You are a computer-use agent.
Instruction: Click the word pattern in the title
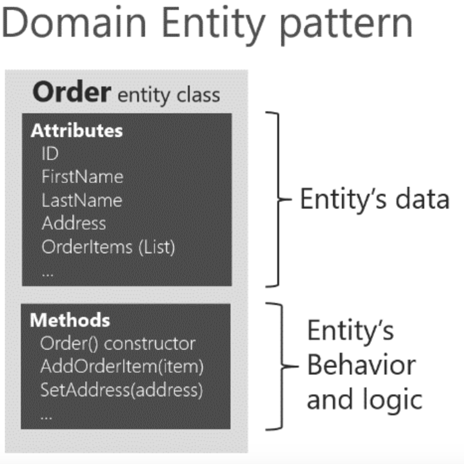click(345, 23)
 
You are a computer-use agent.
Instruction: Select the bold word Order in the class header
click(72, 92)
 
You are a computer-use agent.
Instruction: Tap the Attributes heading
click(77, 131)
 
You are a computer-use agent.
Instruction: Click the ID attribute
click(50, 154)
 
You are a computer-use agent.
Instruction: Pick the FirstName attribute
click(82, 176)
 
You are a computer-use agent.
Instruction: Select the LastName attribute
click(82, 200)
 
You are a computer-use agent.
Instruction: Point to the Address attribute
click(74, 223)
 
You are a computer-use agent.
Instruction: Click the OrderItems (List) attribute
click(108, 246)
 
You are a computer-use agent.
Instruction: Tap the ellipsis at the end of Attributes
click(48, 272)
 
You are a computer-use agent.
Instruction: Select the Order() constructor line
click(118, 343)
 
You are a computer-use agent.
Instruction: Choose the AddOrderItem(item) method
click(122, 367)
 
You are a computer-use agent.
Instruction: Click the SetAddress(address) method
click(121, 390)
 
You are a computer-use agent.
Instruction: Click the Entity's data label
click(374, 200)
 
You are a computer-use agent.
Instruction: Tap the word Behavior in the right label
click(361, 365)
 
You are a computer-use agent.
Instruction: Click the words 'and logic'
click(364, 398)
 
